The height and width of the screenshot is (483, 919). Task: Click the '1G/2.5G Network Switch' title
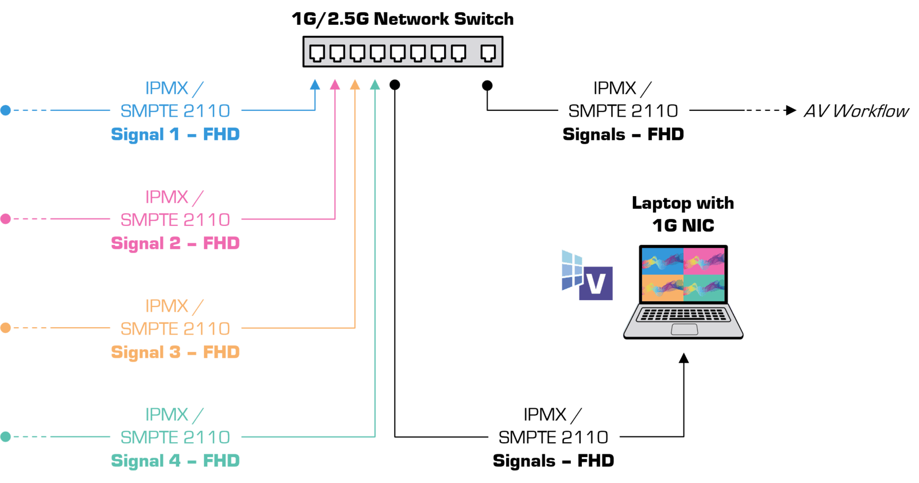click(x=402, y=19)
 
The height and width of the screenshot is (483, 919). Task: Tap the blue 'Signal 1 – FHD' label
click(x=175, y=135)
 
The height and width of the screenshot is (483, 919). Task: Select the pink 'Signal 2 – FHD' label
click(x=175, y=244)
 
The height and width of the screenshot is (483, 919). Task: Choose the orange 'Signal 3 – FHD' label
click(x=175, y=352)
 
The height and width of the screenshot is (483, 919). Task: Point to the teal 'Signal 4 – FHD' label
click(x=175, y=461)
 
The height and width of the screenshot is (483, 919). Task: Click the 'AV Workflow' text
click(x=856, y=111)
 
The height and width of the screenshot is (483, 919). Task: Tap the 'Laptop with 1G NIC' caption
click(x=683, y=214)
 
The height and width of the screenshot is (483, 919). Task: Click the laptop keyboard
click(x=682, y=315)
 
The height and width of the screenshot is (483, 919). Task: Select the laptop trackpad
click(x=684, y=329)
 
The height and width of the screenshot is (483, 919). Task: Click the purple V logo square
click(x=596, y=283)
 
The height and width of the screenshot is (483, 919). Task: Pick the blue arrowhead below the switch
click(x=315, y=85)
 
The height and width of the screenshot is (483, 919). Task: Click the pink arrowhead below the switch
click(x=335, y=85)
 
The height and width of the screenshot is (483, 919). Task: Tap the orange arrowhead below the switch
click(x=355, y=85)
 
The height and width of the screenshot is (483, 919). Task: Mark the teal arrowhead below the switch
click(x=375, y=85)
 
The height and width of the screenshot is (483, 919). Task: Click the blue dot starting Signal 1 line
click(x=6, y=110)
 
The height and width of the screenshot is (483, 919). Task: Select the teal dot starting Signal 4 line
click(x=6, y=437)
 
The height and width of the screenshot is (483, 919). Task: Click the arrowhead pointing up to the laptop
click(x=684, y=359)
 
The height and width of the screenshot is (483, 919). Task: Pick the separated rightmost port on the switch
click(x=488, y=53)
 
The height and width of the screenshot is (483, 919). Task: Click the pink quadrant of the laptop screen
click(x=705, y=261)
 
